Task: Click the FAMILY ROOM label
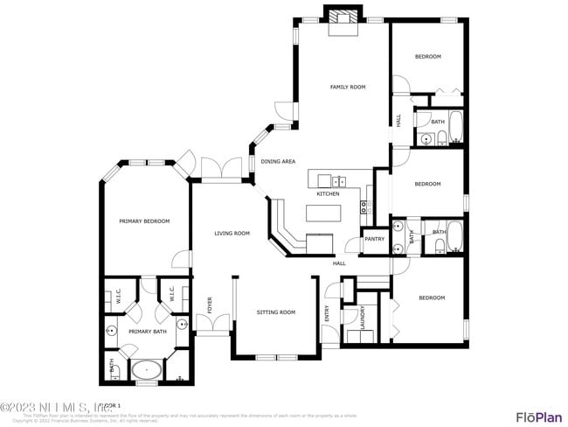(x=347, y=87)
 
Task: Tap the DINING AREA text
(x=278, y=161)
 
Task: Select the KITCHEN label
(x=328, y=193)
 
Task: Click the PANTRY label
(x=374, y=239)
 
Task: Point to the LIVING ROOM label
(x=232, y=234)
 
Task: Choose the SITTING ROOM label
(x=275, y=312)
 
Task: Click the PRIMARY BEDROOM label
(x=144, y=221)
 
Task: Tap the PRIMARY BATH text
(x=147, y=332)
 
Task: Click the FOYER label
(x=210, y=304)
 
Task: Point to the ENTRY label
(x=328, y=313)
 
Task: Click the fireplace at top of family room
(x=341, y=19)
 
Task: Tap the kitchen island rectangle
(x=326, y=213)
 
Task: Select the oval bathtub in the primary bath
(x=146, y=370)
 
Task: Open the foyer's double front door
(x=210, y=325)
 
